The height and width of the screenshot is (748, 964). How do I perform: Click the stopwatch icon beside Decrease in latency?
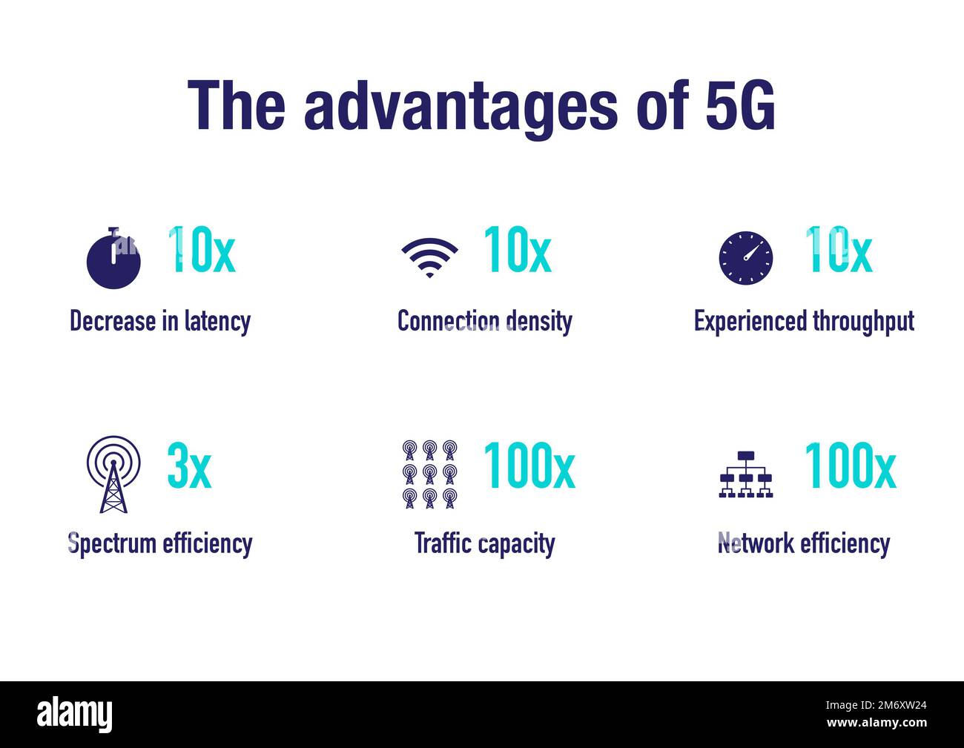pos(113,259)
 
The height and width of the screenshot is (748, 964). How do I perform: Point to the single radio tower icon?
pos(113,474)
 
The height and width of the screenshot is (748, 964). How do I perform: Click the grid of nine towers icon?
pos(429,474)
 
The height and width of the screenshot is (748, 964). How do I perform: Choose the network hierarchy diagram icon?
pos(746,474)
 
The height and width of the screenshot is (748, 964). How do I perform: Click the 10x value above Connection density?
pos(517,250)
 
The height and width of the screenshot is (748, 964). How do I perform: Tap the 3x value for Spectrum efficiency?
pos(189,466)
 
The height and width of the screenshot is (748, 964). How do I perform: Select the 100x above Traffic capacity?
pos(529,466)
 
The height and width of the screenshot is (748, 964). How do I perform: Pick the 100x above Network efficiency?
pos(850,466)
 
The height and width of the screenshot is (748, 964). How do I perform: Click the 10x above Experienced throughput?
pos(838,250)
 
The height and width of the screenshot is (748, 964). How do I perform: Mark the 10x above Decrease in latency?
pos(202,250)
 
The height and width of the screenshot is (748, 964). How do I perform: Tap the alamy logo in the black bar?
pos(75,714)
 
